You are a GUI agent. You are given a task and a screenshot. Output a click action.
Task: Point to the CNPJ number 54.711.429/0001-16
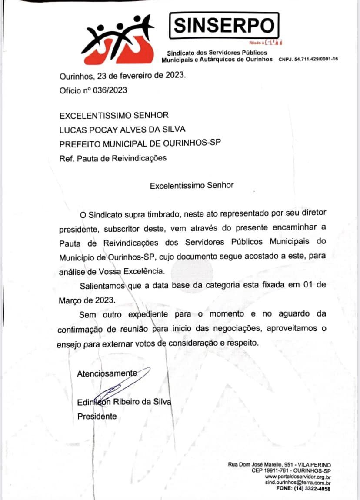click(x=308, y=59)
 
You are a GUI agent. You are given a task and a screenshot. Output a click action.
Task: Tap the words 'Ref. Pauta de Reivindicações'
click(x=113, y=158)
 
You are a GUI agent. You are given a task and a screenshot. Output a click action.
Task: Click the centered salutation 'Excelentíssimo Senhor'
click(x=192, y=185)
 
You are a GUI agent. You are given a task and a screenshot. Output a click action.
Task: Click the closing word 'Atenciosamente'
click(x=107, y=373)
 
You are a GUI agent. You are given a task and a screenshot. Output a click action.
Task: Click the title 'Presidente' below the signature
click(x=97, y=416)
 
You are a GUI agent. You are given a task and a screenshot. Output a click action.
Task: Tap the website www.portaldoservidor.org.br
click(x=298, y=477)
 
